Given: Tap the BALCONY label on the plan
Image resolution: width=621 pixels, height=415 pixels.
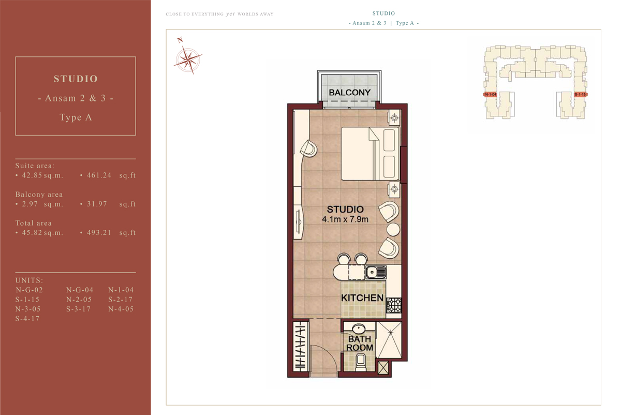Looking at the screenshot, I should pos(350,93).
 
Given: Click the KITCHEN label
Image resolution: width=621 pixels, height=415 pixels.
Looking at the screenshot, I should pos(362,298).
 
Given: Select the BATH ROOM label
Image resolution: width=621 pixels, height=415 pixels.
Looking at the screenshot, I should pos(359,344).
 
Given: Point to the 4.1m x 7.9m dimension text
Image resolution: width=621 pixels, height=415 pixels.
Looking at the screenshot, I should pos(345,219).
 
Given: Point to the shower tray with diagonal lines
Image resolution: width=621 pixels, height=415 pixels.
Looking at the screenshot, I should pos(389,339).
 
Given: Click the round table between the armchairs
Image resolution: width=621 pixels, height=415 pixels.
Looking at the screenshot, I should pos(393,229).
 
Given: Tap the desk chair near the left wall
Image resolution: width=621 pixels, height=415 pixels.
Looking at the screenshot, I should pos(308,149).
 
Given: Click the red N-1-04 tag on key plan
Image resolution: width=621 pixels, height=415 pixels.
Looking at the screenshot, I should pos(490,95).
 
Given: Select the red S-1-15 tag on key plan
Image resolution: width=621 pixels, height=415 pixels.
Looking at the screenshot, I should pos(580,95).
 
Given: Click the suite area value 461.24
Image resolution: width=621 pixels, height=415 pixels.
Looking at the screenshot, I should pos(96,175).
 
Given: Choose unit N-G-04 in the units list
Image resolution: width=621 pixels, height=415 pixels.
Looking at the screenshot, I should pos(79,290).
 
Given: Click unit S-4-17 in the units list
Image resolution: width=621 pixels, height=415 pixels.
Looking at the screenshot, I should pos(27,319).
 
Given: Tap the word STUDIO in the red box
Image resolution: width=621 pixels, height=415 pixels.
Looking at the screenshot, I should pos(76,79).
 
